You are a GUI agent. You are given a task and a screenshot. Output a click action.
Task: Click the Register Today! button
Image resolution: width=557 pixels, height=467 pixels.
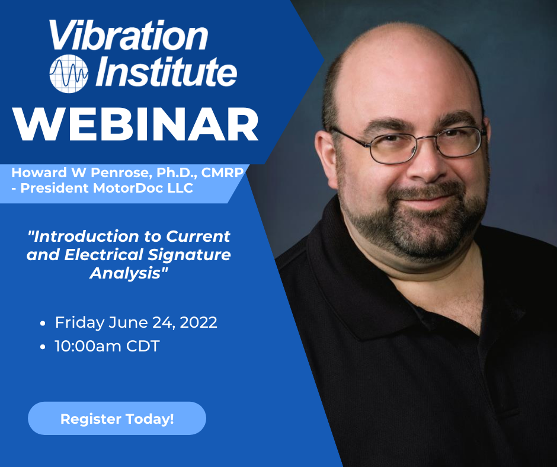[x=117, y=418]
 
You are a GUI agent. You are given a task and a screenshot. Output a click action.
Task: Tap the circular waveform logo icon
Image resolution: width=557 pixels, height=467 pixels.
[x=69, y=73]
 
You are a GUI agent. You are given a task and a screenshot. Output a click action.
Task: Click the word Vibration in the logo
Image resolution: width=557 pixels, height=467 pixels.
[x=128, y=35]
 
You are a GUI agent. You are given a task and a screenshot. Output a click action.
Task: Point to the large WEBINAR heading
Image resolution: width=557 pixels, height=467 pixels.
[x=135, y=125]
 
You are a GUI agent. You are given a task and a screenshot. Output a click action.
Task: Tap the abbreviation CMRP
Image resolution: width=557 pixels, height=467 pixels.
[x=222, y=172]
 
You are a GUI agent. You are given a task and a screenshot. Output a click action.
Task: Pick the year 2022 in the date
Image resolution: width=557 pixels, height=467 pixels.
[x=199, y=322]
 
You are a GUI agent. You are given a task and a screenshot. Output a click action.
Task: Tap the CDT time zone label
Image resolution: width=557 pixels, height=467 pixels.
[x=143, y=346]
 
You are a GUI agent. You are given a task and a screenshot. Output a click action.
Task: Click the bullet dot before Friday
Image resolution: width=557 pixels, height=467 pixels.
[x=43, y=324]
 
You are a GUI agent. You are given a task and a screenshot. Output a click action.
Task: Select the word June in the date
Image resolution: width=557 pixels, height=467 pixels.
[x=124, y=322]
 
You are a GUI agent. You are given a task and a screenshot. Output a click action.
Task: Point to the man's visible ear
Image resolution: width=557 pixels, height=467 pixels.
[x=326, y=159]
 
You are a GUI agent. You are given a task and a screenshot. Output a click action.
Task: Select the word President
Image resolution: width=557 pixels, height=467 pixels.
[x=55, y=188]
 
